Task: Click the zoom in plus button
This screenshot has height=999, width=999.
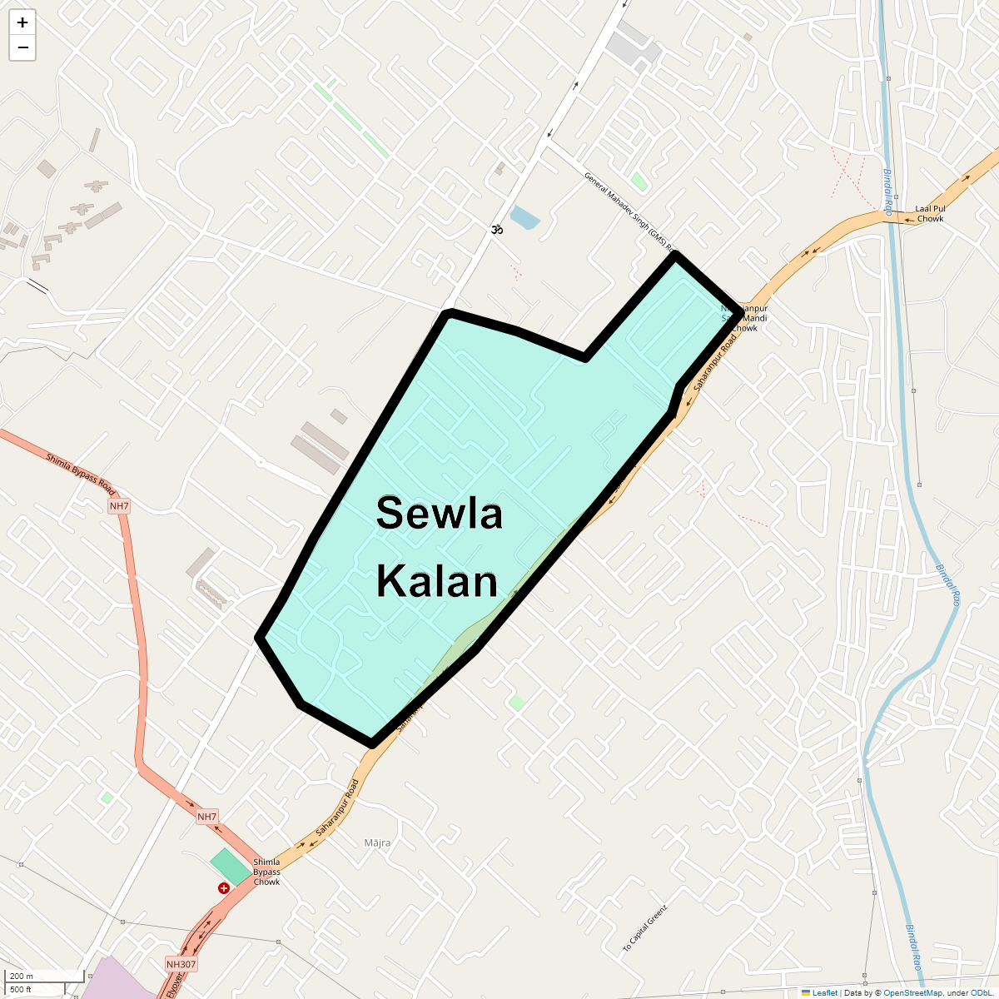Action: [22, 22]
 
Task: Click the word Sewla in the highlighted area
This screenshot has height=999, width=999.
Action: [439, 513]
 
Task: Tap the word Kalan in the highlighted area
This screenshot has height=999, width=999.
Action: [437, 580]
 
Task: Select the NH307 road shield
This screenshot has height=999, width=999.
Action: [181, 964]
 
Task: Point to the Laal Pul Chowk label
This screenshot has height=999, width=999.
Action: [930, 214]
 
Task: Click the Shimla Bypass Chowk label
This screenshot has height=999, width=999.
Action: [266, 872]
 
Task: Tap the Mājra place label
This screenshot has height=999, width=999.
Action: [377, 843]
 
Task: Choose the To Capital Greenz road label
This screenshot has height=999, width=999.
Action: [645, 928]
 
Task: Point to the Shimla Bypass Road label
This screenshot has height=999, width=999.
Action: [80, 475]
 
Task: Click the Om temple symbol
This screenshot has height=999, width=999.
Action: [497, 229]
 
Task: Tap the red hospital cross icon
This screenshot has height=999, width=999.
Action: [223, 888]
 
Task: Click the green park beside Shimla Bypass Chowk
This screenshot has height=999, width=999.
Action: [231, 867]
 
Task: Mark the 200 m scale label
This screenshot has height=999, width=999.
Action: [22, 977]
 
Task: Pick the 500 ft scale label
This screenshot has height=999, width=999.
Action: [21, 990]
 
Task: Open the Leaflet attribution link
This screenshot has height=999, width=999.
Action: [824, 992]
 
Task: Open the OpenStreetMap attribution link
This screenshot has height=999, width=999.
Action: [912, 992]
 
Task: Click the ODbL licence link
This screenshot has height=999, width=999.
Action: [981, 992]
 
